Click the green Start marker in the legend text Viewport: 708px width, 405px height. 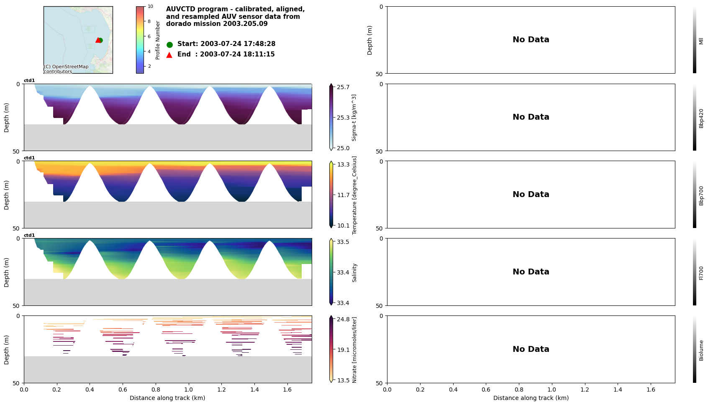tap(169, 44)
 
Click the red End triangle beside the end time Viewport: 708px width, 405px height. tap(169, 55)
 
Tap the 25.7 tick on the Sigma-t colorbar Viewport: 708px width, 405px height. tap(343, 87)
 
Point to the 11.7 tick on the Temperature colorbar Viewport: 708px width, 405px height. tap(343, 195)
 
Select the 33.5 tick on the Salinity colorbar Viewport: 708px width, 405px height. tap(343, 242)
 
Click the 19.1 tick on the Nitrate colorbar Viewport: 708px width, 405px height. tap(343, 350)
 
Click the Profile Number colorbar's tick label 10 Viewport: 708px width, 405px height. tap(150, 6)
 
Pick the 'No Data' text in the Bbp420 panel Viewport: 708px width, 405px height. tap(531, 117)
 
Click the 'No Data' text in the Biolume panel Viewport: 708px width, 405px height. tap(531, 349)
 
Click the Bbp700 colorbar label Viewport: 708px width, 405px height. tap(701, 195)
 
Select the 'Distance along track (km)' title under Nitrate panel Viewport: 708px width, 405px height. tap(167, 398)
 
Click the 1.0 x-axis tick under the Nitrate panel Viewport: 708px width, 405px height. tap(188, 390)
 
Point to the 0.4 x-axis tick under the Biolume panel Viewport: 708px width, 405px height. tap(453, 390)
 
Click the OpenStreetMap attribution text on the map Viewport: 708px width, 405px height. tap(66, 69)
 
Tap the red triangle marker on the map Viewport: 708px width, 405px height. tap(97, 40)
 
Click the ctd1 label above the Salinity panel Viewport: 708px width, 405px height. tap(29, 235)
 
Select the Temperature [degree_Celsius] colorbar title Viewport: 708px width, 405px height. tap(354, 195)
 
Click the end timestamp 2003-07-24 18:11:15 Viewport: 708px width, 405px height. tap(237, 54)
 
